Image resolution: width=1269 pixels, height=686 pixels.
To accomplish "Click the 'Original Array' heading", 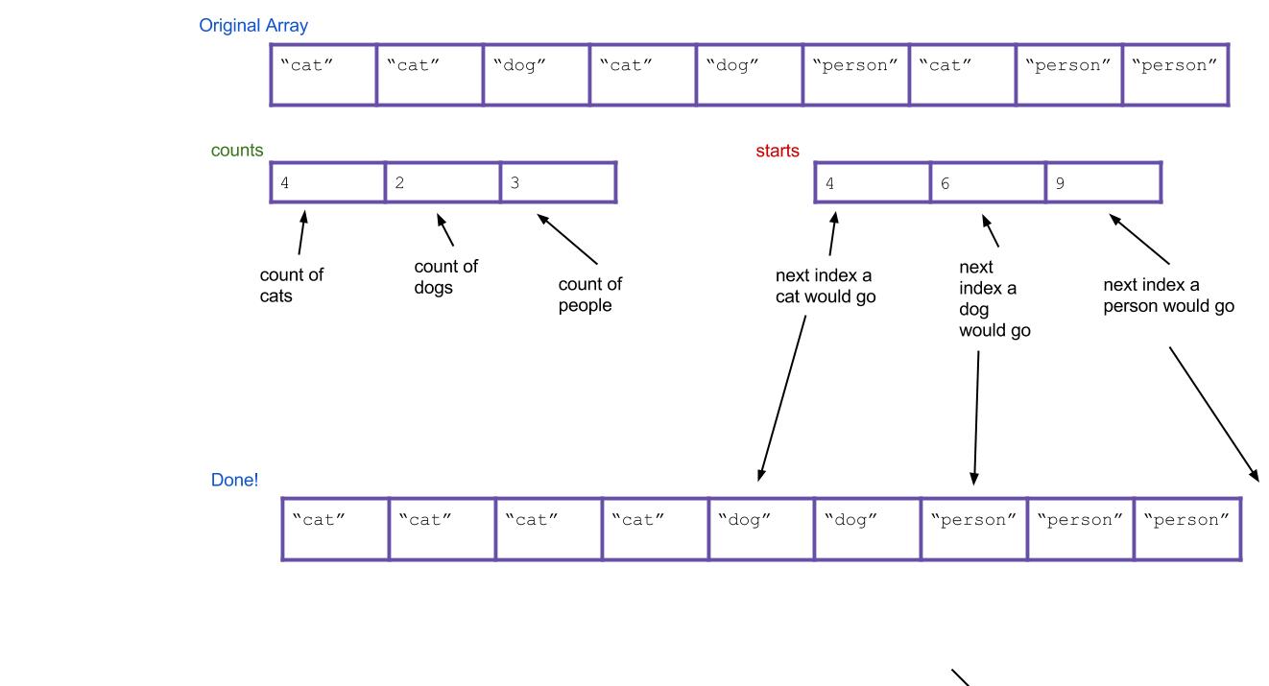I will point(253,26).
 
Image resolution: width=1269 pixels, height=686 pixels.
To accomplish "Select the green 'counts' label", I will point(237,151).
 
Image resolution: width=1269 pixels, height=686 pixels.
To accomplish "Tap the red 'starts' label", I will point(777,151).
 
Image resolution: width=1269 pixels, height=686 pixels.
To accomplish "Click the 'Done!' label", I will point(234,480).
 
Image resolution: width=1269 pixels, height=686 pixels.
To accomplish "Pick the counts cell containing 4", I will point(327,182).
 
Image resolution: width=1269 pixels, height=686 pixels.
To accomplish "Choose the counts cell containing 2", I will point(443,182).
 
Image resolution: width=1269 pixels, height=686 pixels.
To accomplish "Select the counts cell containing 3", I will point(558,182).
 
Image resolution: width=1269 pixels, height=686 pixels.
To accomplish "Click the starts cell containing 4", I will point(872,182).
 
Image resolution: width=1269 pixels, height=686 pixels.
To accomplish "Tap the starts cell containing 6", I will point(988,182).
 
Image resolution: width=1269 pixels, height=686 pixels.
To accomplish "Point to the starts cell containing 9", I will point(1103,182).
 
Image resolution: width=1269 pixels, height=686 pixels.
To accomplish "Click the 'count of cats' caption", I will point(291,285).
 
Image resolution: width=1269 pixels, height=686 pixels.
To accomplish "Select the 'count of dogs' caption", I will point(445,277).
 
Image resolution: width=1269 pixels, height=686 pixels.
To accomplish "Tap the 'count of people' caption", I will point(589,295).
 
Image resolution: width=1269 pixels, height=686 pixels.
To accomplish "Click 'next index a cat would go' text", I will point(825,286).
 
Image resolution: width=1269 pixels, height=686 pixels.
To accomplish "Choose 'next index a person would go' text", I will point(1167,296).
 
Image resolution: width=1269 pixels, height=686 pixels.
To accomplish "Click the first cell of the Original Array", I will point(323,74).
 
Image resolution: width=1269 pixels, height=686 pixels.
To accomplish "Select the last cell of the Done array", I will point(1187,529).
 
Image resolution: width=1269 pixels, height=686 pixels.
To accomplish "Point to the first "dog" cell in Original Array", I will point(537,74).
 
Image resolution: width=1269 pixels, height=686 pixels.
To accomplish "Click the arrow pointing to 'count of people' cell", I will point(567,240).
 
